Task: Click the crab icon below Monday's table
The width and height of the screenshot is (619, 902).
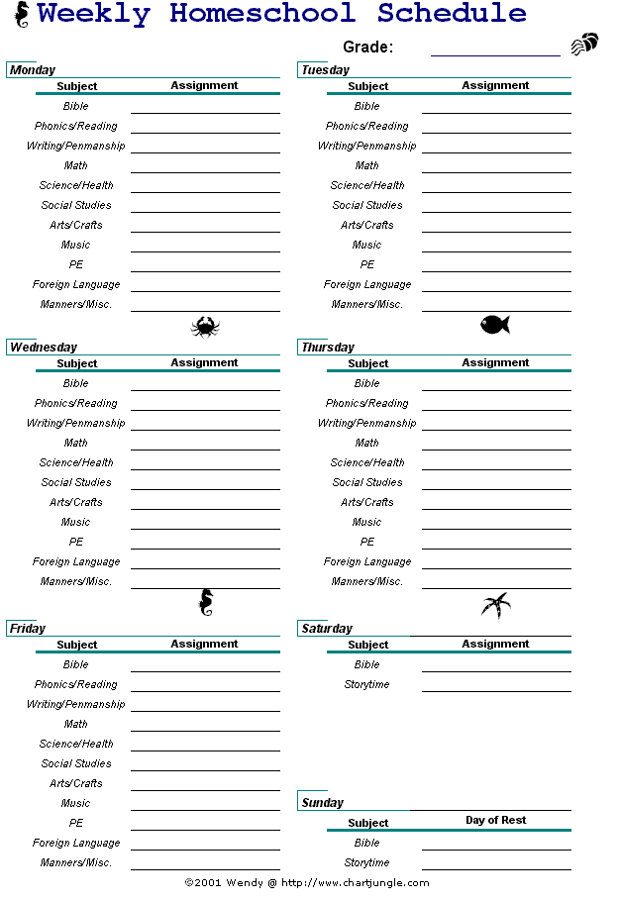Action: (205, 326)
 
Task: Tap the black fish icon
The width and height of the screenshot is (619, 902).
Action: (494, 324)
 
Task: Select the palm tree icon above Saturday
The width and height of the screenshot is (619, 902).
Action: (495, 604)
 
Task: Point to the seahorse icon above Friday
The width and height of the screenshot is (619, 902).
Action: (205, 602)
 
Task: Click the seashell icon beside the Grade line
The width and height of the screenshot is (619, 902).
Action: (584, 45)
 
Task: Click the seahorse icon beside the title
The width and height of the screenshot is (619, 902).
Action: (21, 15)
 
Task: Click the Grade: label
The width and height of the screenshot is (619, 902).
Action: (367, 47)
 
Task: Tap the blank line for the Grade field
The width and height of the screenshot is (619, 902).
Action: (495, 53)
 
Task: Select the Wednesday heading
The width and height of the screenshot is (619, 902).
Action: (43, 348)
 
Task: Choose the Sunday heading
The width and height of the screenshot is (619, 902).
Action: (322, 803)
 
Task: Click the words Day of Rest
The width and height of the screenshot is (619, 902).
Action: (495, 820)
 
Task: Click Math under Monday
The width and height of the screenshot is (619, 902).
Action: (76, 165)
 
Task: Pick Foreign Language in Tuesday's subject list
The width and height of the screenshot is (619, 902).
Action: (366, 284)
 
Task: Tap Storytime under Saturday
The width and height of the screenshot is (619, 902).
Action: (366, 684)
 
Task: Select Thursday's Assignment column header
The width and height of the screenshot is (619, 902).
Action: (495, 362)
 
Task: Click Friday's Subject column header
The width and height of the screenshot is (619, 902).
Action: (76, 645)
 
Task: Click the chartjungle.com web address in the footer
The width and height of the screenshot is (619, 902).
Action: (355, 882)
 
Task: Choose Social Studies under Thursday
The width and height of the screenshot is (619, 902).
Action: (366, 482)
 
